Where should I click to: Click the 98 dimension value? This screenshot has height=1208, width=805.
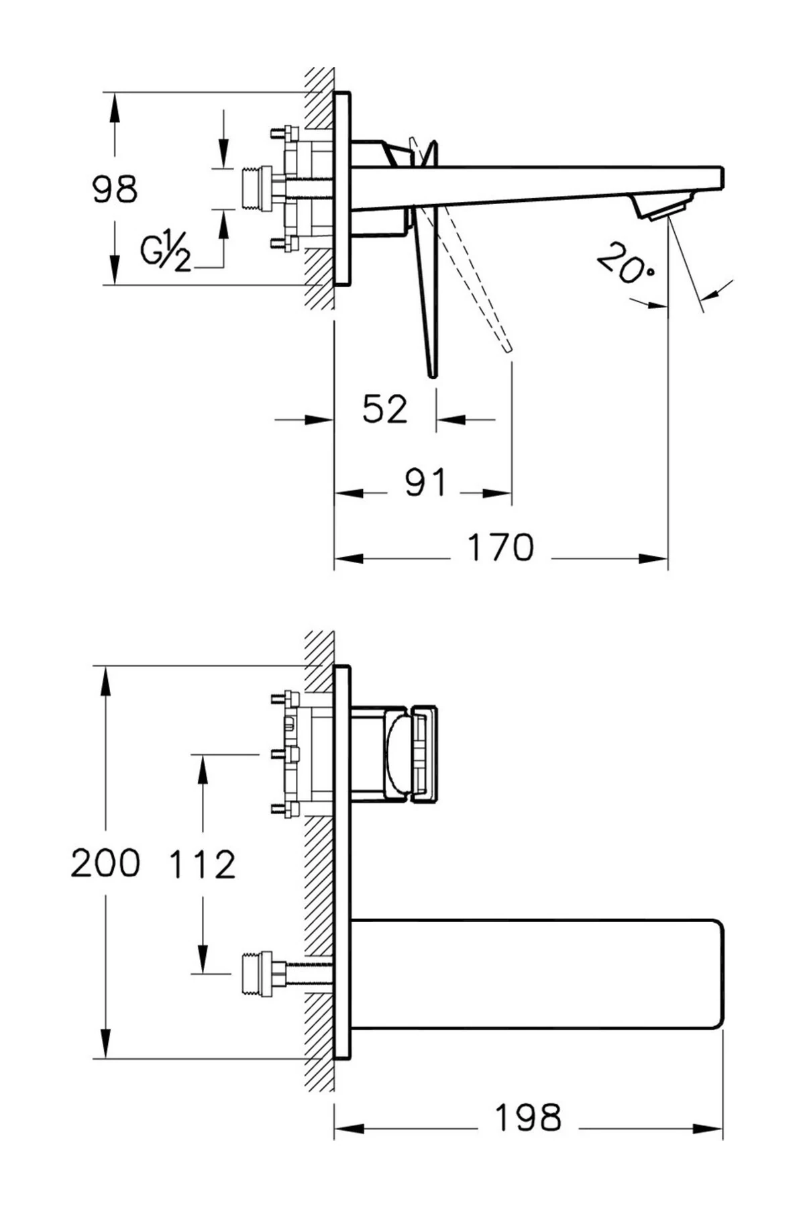[115, 189]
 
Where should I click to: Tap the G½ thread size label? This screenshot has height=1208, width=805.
[165, 252]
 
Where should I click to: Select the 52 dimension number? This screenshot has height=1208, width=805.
[384, 409]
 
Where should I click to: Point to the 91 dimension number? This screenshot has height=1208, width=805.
[425, 482]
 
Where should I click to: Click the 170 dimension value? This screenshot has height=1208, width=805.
[500, 547]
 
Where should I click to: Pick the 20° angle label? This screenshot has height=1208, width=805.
[625, 265]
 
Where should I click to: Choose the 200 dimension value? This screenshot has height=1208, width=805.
[105, 863]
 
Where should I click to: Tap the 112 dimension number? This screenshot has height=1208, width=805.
[202, 864]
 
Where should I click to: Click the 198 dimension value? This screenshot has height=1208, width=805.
[527, 1118]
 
